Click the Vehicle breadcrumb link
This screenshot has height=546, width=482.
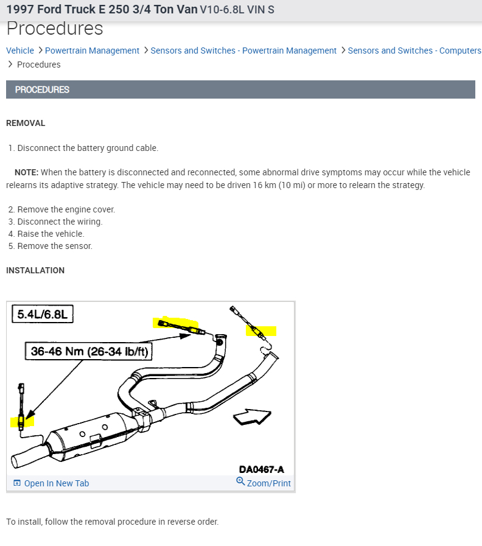[20, 51]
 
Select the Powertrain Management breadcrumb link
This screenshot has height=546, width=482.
[92, 51]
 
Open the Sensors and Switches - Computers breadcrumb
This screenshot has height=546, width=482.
[414, 51]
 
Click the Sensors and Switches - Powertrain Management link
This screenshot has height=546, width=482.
[243, 51]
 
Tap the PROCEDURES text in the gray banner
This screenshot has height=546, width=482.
[42, 89]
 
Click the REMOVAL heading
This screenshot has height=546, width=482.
[26, 123]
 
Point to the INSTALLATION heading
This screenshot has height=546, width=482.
[35, 270]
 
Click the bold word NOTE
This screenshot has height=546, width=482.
[26, 172]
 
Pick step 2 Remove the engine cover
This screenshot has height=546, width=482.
[66, 209]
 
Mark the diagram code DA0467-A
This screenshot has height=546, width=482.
[261, 469]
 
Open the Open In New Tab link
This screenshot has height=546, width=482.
[56, 483]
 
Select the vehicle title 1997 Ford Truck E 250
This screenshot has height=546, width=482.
[102, 10]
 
